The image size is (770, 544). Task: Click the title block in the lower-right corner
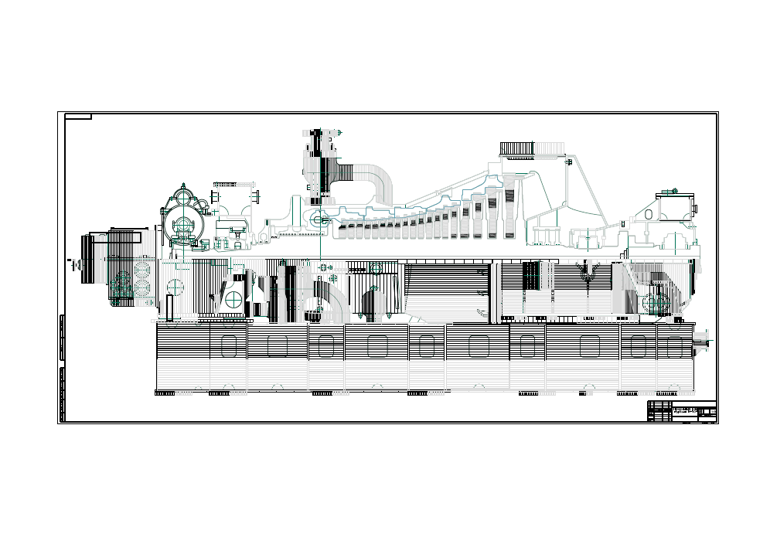click(x=682, y=411)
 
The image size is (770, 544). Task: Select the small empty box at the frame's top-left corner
click(x=78, y=117)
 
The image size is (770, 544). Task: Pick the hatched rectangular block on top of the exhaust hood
click(x=517, y=148)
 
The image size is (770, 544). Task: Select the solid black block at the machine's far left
click(x=88, y=259)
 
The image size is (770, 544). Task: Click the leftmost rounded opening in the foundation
click(x=228, y=345)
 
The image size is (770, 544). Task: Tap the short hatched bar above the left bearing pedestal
click(x=233, y=185)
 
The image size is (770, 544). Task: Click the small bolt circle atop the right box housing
click(x=674, y=191)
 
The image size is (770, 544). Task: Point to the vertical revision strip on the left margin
click(x=61, y=367)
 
